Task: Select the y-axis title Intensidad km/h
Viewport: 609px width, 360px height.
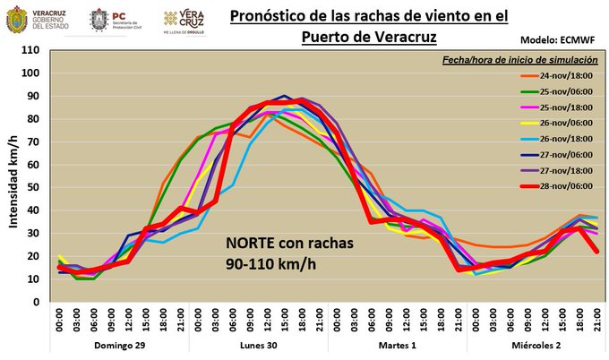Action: [13, 176]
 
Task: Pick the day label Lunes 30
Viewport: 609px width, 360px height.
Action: [258, 345]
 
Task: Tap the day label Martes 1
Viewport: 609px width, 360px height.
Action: [399, 345]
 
